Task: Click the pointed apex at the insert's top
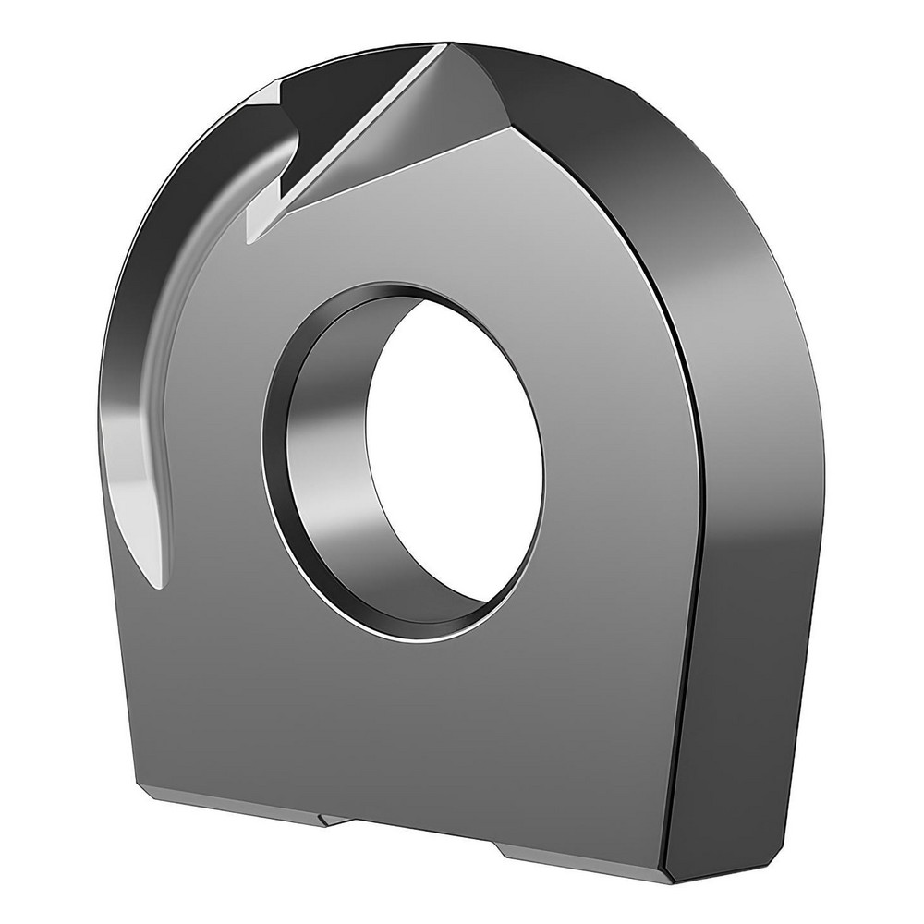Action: coord(450,45)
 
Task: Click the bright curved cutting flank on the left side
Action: coord(139,444)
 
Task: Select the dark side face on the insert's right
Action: coord(748,462)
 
